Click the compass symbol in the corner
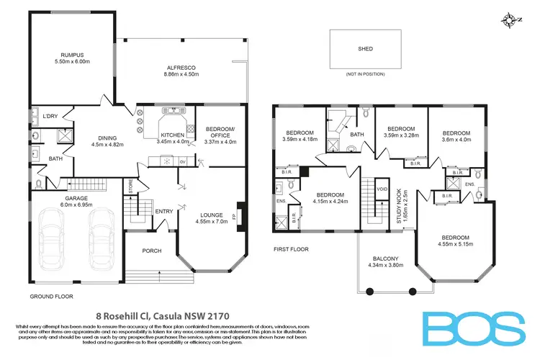point(512,19)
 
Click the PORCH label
point(152,251)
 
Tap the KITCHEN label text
point(171,134)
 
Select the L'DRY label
point(50,117)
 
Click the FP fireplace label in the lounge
point(233,215)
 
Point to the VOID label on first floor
point(383,189)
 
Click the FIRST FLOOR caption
point(292,248)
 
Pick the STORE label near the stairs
point(131,185)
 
